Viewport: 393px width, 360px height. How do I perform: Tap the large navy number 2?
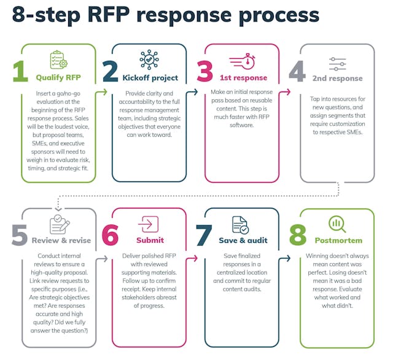[111, 72]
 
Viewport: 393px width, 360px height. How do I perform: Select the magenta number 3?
[205, 72]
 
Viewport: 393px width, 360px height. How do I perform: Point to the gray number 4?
[298, 72]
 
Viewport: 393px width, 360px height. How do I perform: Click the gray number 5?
[20, 235]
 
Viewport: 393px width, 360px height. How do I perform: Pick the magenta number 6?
[111, 235]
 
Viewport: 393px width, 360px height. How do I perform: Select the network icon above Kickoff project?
[149, 60]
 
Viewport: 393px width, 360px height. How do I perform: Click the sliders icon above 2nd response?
[337, 63]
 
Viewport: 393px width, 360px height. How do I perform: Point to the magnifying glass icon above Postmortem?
[337, 224]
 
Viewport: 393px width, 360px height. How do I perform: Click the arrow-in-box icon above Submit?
[149, 224]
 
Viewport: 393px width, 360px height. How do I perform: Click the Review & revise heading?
[61, 240]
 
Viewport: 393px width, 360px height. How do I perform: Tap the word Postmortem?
[338, 240]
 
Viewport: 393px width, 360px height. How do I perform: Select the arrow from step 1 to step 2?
[102, 92]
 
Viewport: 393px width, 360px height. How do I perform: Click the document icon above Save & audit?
[240, 224]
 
